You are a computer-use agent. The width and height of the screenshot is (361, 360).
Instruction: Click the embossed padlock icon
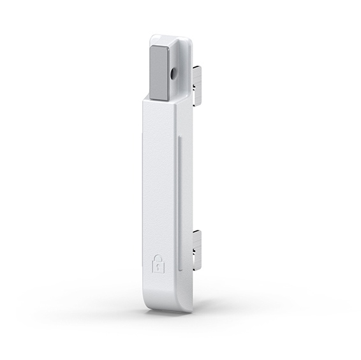click(158, 263)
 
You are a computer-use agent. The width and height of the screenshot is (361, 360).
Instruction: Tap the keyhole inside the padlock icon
click(158, 267)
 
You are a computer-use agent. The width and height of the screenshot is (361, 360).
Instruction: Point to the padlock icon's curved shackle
click(158, 257)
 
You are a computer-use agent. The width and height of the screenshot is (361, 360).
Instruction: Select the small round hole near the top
click(173, 73)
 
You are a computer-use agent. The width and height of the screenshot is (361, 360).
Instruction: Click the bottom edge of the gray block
click(159, 100)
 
